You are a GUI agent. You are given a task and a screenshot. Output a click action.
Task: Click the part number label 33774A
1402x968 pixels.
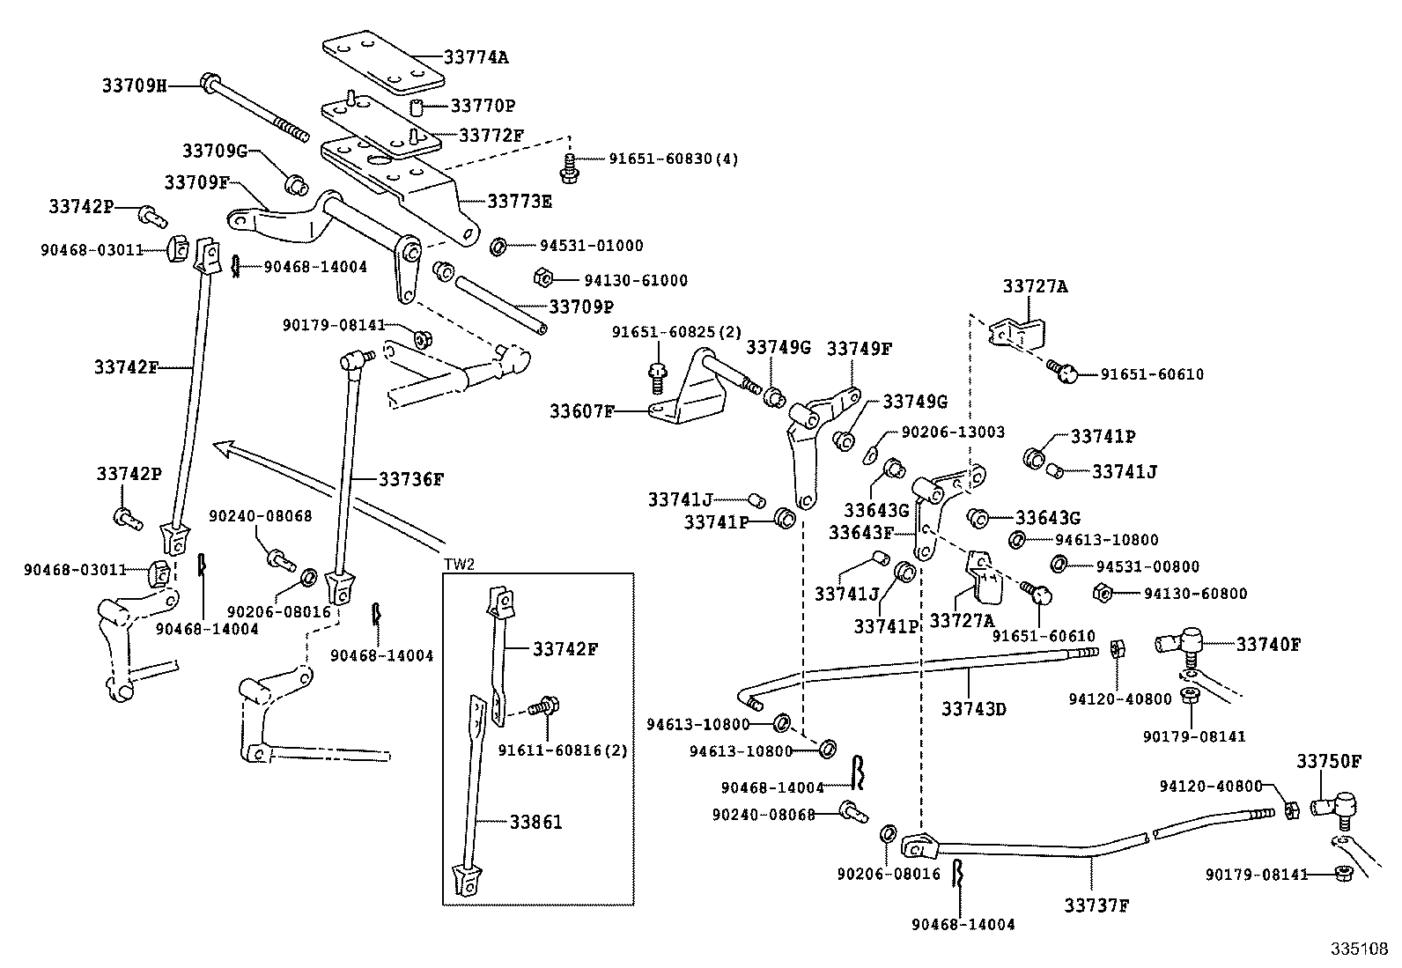tap(476, 58)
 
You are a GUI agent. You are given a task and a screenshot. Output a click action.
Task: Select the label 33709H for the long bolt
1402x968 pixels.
tap(133, 85)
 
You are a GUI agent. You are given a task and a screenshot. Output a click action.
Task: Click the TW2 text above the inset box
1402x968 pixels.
tap(459, 565)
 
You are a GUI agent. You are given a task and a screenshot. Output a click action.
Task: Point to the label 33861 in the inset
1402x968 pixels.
tap(535, 822)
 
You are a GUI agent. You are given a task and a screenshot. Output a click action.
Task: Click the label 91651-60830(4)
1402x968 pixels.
tap(673, 159)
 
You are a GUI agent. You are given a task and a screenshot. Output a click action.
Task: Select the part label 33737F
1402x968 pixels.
tap(1096, 905)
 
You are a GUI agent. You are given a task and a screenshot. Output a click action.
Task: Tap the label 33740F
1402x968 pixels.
tap(1267, 645)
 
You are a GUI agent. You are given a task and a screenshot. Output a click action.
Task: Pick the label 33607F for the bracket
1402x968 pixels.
tap(582, 411)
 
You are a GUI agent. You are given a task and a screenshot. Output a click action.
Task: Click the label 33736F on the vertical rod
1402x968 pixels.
tap(411, 479)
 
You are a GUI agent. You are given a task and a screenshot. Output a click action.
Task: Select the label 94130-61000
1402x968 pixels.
tap(635, 280)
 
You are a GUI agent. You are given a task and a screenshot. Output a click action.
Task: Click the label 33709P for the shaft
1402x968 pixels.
tap(580, 307)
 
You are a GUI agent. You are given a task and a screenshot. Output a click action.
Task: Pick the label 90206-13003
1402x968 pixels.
tap(952, 432)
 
